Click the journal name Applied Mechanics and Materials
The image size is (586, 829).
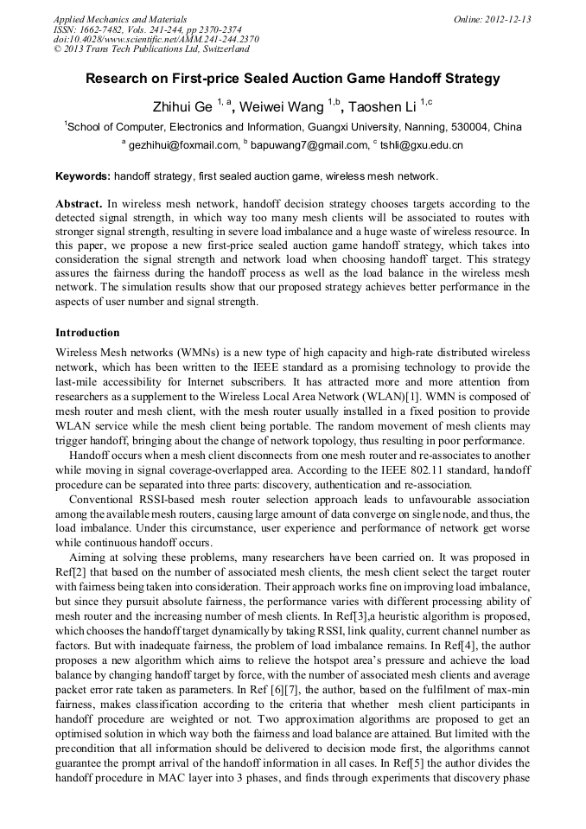pyautogui.click(x=119, y=19)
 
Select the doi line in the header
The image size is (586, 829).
pyautogui.click(x=156, y=39)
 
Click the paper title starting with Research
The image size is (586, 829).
pyautogui.click(x=292, y=79)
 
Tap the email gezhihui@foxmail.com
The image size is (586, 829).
pyautogui.click(x=183, y=146)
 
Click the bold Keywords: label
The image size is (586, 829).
pyautogui.click(x=83, y=176)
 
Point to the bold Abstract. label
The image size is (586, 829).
pyautogui.click(x=79, y=205)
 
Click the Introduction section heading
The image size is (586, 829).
pyautogui.click(x=87, y=333)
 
